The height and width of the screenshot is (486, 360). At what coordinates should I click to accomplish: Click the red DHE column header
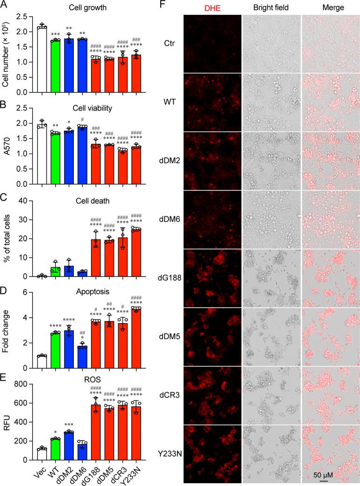coord(212,8)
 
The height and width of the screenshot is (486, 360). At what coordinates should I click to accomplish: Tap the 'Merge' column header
coord(330,8)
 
